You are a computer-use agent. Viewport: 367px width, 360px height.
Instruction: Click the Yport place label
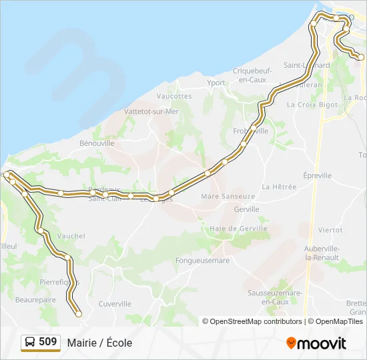coord(216,83)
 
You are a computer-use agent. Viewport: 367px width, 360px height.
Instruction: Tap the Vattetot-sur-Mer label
coord(151,112)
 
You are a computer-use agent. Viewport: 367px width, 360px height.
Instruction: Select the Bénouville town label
coord(97,143)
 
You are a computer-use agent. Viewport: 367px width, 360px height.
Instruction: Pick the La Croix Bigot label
coord(312,105)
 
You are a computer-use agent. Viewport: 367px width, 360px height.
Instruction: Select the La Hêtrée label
coord(279,187)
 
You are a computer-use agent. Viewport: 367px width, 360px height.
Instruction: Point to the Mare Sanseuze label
coord(228,197)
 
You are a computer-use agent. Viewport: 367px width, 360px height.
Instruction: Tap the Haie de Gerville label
coord(238,228)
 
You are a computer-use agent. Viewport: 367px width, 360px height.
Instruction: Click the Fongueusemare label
coord(202,261)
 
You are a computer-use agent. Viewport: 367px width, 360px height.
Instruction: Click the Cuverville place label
coord(115,303)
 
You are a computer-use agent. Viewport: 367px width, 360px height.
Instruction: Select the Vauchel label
coord(71,236)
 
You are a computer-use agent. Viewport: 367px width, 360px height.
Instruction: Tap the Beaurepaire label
coord(37,300)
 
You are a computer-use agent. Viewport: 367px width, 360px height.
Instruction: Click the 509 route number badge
coord(41,342)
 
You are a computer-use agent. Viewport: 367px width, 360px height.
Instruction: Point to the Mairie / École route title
coord(99,343)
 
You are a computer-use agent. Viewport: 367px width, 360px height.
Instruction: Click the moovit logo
coord(316,343)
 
